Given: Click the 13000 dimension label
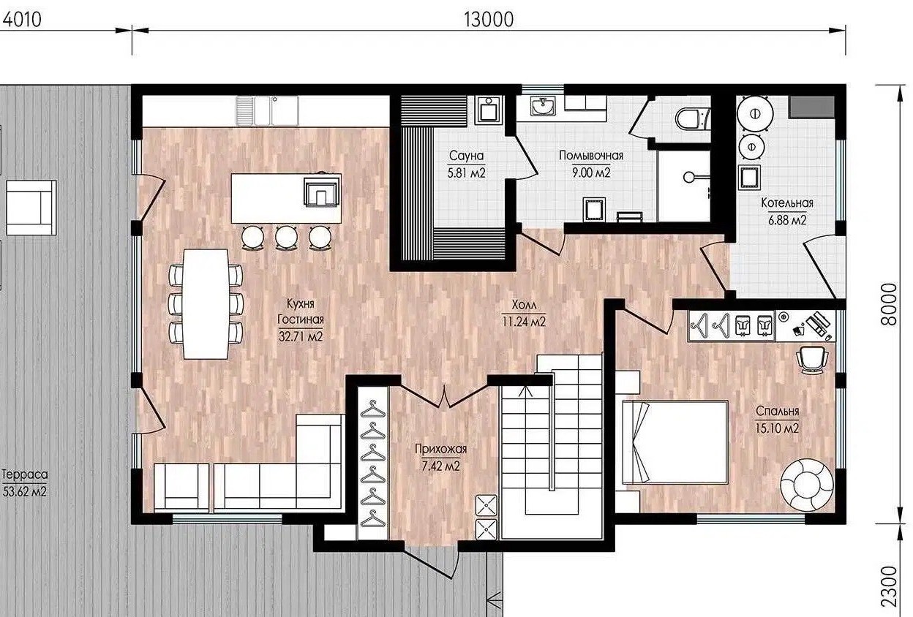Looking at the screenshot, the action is (x=489, y=20).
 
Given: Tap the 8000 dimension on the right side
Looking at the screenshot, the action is (x=890, y=305).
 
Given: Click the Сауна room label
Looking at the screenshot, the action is (x=466, y=156).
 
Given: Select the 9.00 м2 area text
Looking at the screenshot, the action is (x=591, y=173).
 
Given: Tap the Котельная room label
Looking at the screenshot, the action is (x=787, y=202).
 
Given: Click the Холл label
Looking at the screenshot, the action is (x=524, y=305).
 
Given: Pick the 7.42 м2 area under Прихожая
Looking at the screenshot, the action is (x=440, y=466).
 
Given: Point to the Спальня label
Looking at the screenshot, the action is (x=777, y=411).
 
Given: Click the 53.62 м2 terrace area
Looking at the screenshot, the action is (x=24, y=491).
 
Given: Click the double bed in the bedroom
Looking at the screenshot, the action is (x=675, y=442).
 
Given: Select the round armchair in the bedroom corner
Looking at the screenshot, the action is (x=807, y=485).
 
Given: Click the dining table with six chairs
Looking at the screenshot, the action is (x=206, y=304).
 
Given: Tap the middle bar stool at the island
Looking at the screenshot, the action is (x=286, y=238).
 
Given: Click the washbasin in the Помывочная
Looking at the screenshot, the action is (x=543, y=106).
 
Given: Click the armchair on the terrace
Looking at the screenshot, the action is (x=31, y=208).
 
